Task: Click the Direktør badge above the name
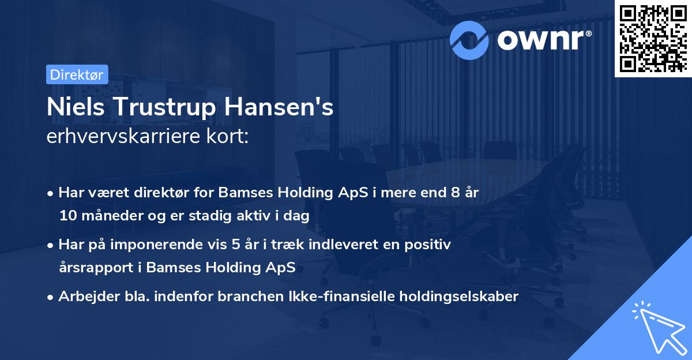point(77,74)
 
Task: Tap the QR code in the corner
point(653,39)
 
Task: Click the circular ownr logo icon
point(470,39)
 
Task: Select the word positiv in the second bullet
point(430,245)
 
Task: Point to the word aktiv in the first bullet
point(257,216)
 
